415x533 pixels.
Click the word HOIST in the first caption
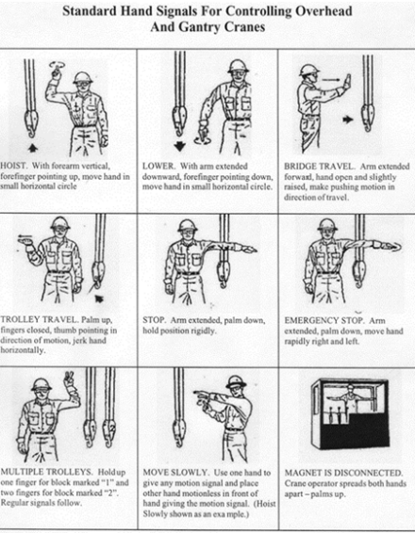(x=13, y=166)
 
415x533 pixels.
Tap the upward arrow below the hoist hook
(x=32, y=148)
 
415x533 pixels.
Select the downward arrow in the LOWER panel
(x=179, y=146)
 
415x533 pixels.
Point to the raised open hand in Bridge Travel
(x=347, y=83)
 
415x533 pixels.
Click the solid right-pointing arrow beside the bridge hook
(x=348, y=120)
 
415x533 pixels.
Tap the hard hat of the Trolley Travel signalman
(x=60, y=222)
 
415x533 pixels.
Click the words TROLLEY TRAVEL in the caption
(x=41, y=319)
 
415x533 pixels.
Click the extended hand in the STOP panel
(x=249, y=250)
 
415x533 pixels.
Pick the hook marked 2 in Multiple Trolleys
(x=109, y=432)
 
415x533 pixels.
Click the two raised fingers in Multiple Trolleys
(x=70, y=378)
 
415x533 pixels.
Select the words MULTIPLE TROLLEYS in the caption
(x=46, y=472)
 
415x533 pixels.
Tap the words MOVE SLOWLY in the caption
(x=175, y=473)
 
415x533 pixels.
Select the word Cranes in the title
(x=245, y=26)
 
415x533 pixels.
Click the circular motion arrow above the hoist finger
(x=56, y=64)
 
